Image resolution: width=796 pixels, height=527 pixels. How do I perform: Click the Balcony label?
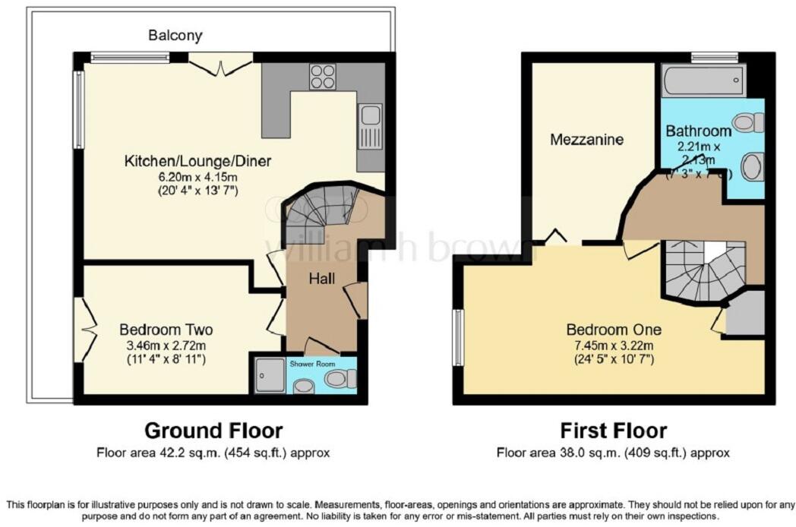click(175, 36)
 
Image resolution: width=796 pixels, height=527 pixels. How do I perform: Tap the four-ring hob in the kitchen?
click(322, 77)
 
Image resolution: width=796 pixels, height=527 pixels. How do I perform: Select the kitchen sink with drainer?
click(371, 125)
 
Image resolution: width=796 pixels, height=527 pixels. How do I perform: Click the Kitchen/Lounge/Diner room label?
click(197, 161)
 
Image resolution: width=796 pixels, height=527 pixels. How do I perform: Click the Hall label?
click(321, 279)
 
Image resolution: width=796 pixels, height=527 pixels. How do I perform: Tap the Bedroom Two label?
click(166, 330)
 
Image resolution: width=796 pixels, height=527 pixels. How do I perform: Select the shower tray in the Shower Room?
click(268, 374)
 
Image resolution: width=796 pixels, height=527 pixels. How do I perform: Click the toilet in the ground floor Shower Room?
click(341, 377)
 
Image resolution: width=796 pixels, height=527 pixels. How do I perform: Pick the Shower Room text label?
click(311, 364)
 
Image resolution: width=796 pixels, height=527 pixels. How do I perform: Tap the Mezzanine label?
click(587, 140)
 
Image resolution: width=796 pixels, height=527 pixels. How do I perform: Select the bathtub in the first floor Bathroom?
click(703, 80)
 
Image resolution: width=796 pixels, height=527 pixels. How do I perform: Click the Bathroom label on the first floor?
click(698, 131)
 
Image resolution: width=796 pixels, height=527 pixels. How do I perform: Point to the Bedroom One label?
click(614, 330)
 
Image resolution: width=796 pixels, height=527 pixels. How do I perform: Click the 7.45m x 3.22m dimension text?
click(614, 344)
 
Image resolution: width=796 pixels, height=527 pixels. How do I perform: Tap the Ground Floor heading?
click(213, 431)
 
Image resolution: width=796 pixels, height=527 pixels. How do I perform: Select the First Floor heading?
click(613, 431)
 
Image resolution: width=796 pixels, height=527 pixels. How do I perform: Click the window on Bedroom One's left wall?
click(459, 337)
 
